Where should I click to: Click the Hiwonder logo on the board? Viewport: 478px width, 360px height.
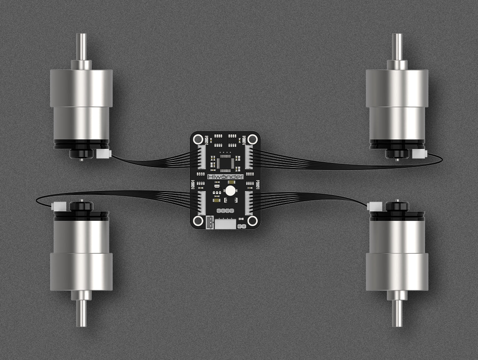coord(226,177)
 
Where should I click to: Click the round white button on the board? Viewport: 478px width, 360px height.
coord(229,191)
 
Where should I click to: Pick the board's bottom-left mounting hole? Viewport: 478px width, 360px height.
coord(199,220)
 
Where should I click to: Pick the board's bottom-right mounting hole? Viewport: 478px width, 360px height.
coord(252,220)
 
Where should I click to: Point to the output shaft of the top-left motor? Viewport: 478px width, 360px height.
coord(81,46)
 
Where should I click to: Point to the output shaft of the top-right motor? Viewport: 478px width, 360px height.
coord(397,46)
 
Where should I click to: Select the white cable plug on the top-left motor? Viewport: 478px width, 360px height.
coord(103,154)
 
